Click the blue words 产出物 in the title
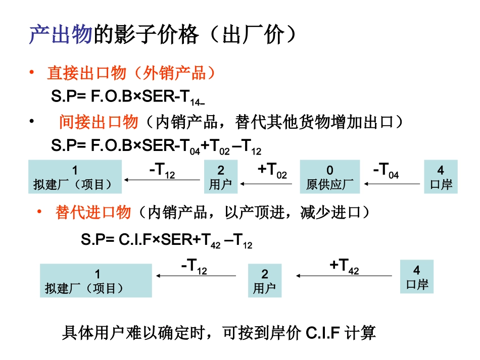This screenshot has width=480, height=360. click(60, 35)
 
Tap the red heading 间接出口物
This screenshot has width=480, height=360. click(99, 122)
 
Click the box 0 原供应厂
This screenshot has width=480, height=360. click(330, 177)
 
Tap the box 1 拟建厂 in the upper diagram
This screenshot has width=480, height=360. click(75, 177)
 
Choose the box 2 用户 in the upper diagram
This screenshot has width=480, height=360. click(221, 177)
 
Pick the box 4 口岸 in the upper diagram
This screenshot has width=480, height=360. click(441, 177)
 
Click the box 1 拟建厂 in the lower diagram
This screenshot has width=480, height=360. click(96, 281)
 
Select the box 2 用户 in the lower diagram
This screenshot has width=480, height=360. click(265, 281)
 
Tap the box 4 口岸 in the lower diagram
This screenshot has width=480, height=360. click(417, 276)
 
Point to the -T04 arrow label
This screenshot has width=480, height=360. click(386, 171)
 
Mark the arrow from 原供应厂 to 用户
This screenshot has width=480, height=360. click(267, 184)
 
